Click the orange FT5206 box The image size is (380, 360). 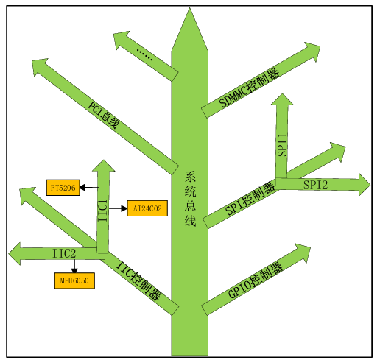coord(63,188)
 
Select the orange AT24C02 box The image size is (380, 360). coord(147,208)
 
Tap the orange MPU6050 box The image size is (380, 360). coord(74,280)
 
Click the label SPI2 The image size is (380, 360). coord(315,185)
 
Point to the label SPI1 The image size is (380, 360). coord(282,145)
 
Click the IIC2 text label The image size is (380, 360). coord(64,253)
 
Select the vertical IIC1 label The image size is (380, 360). coord(102,211)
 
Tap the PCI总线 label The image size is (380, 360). coord(103,115)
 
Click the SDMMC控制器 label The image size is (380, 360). coord(250,88)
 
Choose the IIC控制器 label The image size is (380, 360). coord(138,280)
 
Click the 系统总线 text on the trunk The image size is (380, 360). coord(190,199)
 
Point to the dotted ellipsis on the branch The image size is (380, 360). coord(144,54)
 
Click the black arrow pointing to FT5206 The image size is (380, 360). coord(89,188)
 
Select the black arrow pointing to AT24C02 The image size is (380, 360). coord(118,208)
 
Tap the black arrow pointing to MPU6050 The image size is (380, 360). coord(74,266)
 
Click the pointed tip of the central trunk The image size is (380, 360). coord(189,8)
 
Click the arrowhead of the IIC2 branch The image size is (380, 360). coord(14,254)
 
